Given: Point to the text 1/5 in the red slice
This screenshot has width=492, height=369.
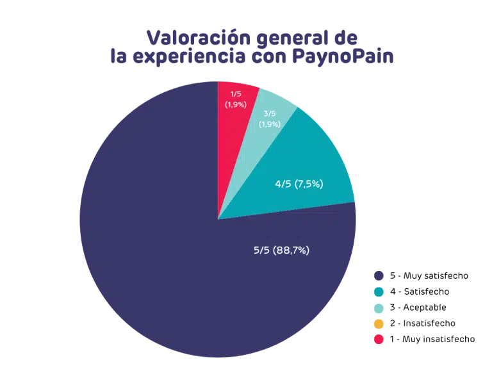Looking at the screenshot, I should point(235,94).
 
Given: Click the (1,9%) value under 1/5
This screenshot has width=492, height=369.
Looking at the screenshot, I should point(235,104).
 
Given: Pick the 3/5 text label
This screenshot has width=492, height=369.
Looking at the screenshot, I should point(270,114).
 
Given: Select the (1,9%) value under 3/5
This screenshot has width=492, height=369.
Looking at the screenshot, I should point(270,124).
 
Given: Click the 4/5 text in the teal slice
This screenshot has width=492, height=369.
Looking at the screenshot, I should point(283,184).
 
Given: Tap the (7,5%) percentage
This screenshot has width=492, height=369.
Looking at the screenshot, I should point(309,184).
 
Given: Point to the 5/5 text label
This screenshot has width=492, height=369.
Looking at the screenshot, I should point(262,250).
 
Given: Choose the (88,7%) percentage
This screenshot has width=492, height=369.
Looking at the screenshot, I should point(291,250).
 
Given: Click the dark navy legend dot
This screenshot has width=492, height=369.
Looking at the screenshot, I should point(378,275).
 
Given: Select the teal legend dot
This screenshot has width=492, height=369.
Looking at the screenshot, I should point(378,291).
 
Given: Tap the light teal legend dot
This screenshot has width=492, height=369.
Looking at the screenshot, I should point(378,307).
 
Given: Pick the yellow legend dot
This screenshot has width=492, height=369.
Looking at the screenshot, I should point(378,324).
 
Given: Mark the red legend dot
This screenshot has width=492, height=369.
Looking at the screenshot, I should point(378,340).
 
